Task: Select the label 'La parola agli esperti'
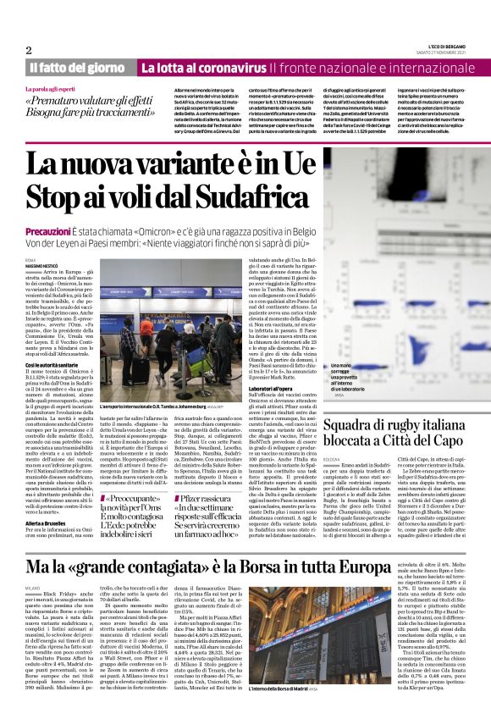(x=51, y=88)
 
